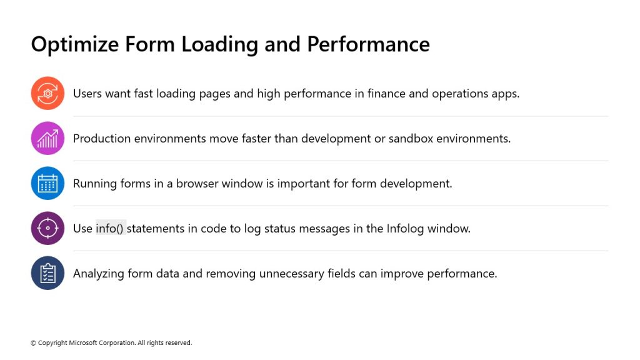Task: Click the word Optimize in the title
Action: (75, 45)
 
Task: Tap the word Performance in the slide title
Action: (368, 44)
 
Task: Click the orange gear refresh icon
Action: (47, 94)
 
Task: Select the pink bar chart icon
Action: (47, 138)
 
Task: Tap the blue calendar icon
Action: (47, 183)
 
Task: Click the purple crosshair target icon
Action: (47, 228)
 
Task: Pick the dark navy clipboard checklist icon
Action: (47, 273)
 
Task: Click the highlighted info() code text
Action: (109, 229)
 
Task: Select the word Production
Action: (102, 138)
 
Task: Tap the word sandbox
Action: (411, 138)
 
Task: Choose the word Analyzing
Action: (98, 274)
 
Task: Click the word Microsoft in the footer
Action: (83, 343)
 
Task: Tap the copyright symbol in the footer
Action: (34, 343)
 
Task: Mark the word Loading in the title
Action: (219, 45)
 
